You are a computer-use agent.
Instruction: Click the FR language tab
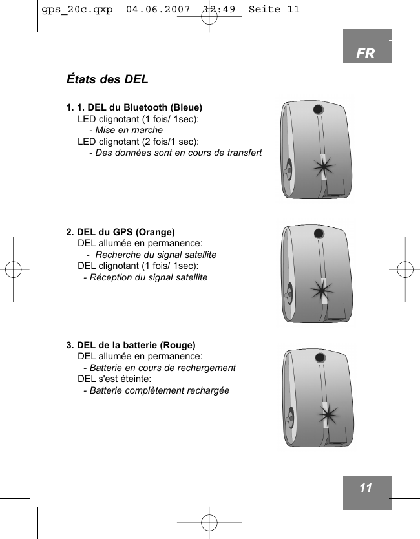[366, 54]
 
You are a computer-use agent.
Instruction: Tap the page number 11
[366, 488]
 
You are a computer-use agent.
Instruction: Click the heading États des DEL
[107, 79]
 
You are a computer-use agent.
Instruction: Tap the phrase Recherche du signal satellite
[155, 255]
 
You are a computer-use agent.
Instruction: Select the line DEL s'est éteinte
[115, 379]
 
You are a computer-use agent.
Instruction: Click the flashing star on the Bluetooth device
[323, 168]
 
